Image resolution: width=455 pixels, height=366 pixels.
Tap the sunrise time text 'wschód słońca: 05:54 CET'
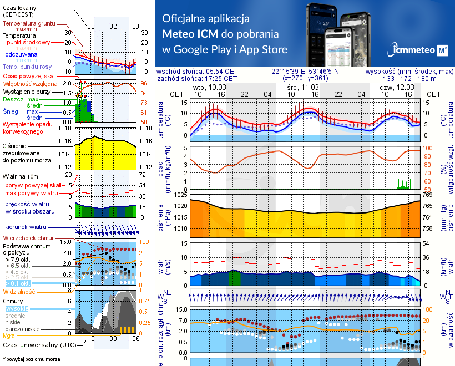pyautogui.click(x=197, y=72)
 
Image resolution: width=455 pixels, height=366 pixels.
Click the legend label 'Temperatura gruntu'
pyautogui.click(x=28, y=24)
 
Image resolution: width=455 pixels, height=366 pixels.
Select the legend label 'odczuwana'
pyautogui.click(x=21, y=55)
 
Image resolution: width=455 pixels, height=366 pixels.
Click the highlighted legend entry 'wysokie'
pyautogui.click(x=16, y=308)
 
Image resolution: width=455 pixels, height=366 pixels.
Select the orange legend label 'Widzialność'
pyautogui.click(x=19, y=291)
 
